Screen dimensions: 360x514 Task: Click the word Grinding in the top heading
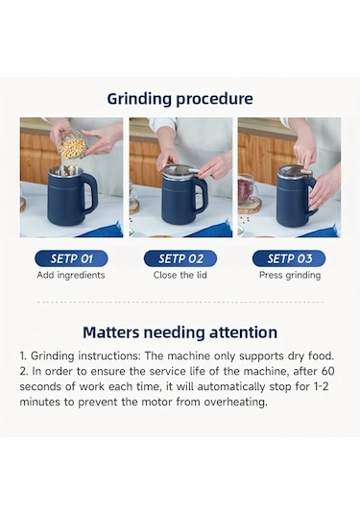(139, 99)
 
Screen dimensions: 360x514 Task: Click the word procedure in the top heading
(214, 99)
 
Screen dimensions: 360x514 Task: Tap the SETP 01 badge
(71, 258)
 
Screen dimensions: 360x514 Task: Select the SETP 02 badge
(180, 258)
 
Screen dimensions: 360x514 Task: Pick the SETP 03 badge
(289, 258)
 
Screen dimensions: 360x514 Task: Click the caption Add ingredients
(71, 275)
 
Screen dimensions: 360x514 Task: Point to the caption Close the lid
(180, 275)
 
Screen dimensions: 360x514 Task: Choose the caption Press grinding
(290, 275)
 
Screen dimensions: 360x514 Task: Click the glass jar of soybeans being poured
(73, 143)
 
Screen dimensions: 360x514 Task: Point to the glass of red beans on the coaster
(249, 190)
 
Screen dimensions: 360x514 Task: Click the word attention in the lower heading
(244, 332)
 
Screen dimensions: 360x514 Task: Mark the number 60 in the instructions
(328, 372)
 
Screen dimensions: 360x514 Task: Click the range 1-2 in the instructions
(321, 386)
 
